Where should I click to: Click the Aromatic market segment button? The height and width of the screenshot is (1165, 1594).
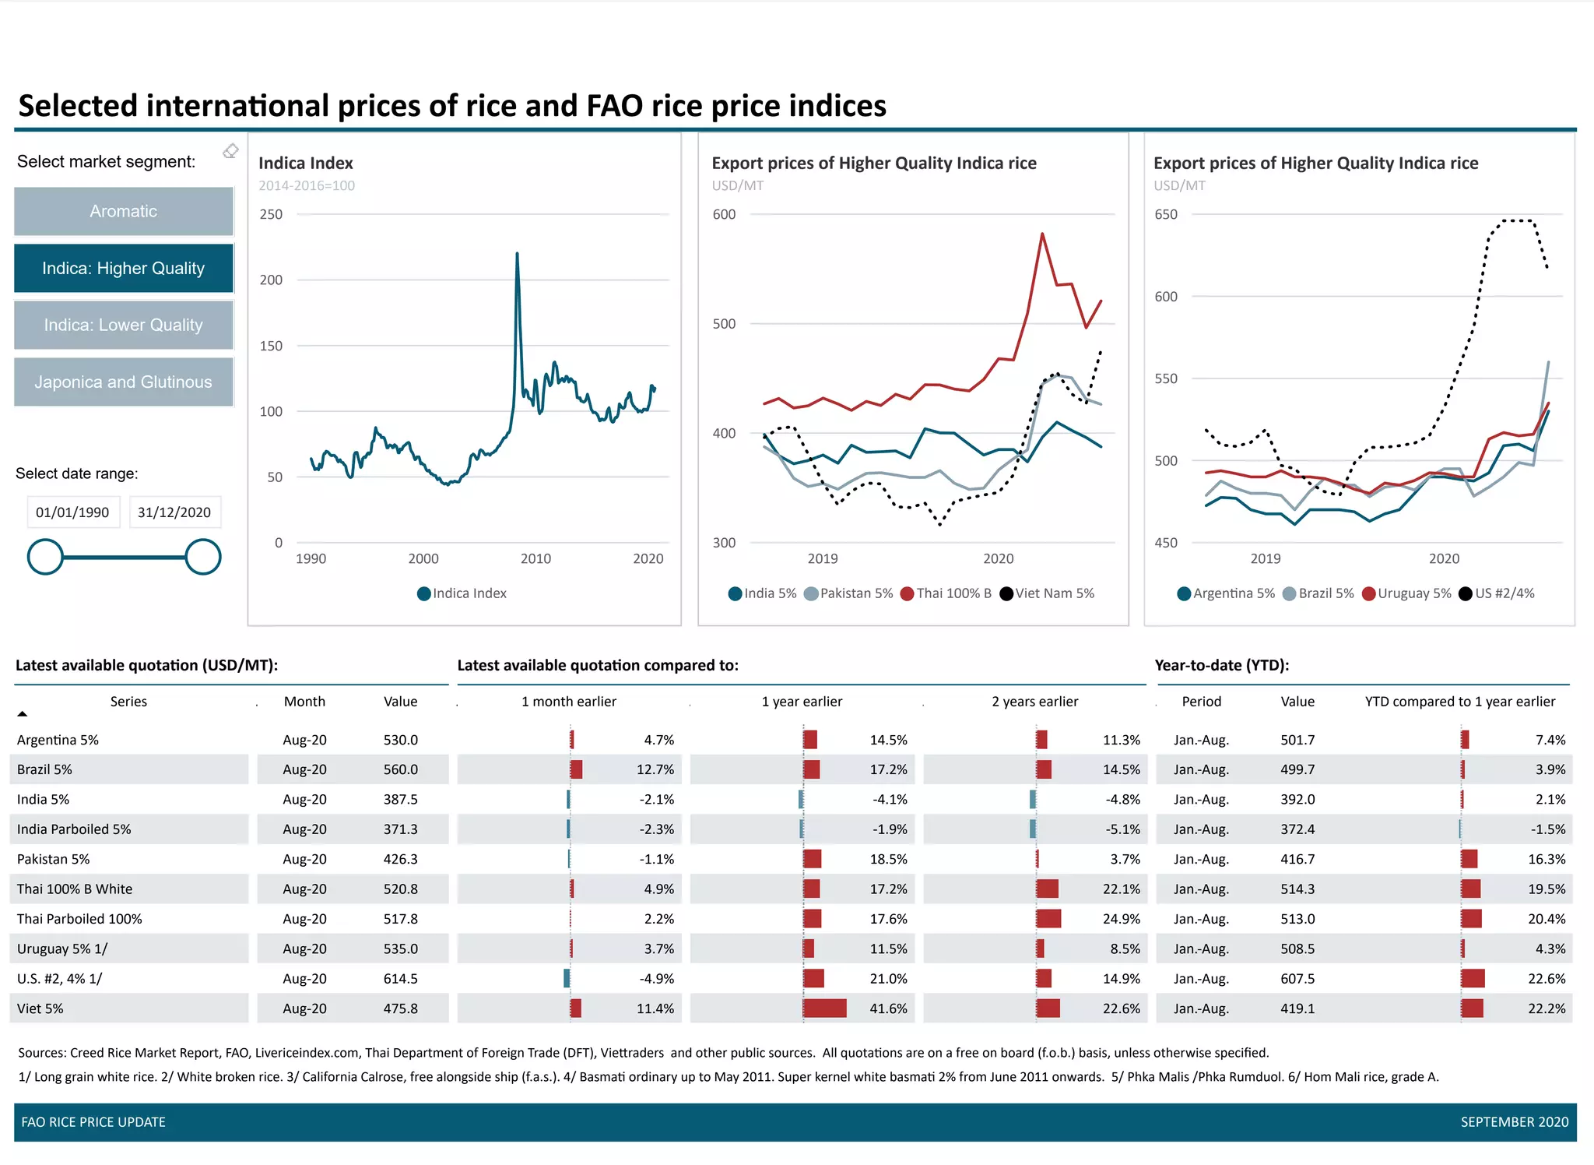coord(123,211)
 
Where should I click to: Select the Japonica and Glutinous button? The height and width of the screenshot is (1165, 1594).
coord(123,382)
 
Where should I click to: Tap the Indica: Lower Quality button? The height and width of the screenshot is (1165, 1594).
coord(123,325)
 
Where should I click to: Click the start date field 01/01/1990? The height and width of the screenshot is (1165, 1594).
coord(72,512)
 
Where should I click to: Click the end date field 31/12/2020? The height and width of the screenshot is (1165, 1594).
coord(174,512)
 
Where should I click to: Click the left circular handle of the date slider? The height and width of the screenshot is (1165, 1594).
coord(45,557)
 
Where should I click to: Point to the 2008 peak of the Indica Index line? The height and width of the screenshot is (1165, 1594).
coord(517,254)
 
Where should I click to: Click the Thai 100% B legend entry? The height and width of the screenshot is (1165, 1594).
coord(946,593)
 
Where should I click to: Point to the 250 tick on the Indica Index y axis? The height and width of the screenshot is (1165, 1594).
coord(271,214)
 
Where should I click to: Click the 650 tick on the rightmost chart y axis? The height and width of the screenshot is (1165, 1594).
coord(1165,214)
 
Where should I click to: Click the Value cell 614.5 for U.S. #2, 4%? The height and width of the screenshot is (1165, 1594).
coord(400,979)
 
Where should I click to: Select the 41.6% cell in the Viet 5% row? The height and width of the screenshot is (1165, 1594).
coord(888,1008)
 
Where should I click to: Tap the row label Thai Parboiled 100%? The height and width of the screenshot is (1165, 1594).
coord(79,919)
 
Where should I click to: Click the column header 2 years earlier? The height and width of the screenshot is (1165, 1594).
coord(1034,702)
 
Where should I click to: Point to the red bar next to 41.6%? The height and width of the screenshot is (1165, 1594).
coord(824,1008)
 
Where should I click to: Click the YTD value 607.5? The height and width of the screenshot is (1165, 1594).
coord(1297,979)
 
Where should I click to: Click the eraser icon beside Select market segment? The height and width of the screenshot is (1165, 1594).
coord(230,151)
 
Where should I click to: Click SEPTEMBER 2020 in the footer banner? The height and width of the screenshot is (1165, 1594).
coord(1514,1122)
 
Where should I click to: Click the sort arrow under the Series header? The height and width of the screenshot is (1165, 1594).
coord(23,713)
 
